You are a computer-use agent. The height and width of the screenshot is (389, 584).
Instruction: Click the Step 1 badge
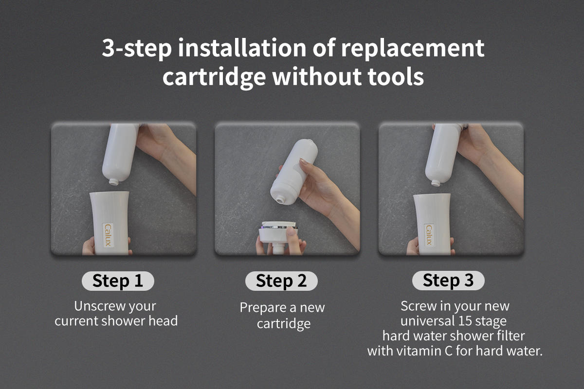click(118, 281)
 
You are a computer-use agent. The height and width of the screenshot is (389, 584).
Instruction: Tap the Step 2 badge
click(281, 281)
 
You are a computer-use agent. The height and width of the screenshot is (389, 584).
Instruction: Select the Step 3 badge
click(448, 281)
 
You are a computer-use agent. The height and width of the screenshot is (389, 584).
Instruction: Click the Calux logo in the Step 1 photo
click(108, 235)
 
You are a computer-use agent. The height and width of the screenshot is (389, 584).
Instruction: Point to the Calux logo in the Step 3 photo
click(429, 235)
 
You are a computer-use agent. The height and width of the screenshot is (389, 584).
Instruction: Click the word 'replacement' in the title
click(413, 49)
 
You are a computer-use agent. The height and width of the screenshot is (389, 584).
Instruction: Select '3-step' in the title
click(137, 49)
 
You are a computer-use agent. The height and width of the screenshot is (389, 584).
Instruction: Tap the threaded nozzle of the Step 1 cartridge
click(114, 181)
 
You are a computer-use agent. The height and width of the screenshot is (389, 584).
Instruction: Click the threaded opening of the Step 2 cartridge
click(280, 201)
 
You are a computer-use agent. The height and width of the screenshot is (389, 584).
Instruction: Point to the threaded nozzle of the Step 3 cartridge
click(436, 183)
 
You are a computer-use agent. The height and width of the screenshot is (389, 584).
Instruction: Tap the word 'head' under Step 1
click(163, 321)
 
